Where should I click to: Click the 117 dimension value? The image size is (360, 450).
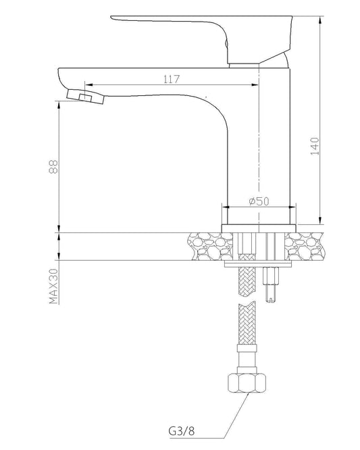point(171,80)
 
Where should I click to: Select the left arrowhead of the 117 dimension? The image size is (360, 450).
point(88,85)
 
